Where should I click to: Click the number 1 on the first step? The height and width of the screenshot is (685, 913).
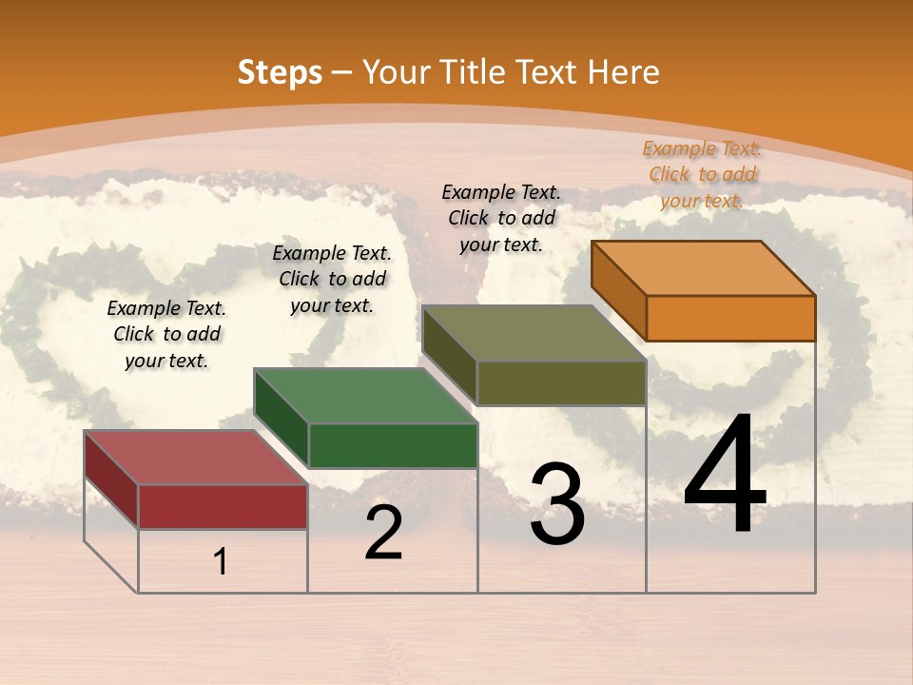(221, 562)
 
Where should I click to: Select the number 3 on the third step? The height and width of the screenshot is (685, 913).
(557, 504)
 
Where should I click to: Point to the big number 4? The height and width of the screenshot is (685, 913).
(725, 475)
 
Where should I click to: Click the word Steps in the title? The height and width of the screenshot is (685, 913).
(280, 72)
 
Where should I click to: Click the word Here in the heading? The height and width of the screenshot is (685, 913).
(624, 72)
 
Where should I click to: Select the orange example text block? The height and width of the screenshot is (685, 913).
(702, 174)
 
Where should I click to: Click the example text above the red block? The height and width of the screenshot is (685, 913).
(166, 334)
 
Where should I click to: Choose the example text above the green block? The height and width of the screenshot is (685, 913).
(332, 279)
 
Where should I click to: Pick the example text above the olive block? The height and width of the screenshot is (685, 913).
(501, 218)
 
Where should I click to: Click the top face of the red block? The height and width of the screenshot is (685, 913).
(195, 457)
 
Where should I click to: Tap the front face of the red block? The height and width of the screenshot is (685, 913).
(223, 506)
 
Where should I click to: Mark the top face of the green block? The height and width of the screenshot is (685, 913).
(365, 395)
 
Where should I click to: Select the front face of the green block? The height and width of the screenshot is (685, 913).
(393, 445)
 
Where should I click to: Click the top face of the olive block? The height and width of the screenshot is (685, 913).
(534, 333)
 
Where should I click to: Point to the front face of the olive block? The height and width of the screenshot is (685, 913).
(561, 382)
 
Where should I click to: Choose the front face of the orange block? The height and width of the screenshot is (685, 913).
(730, 318)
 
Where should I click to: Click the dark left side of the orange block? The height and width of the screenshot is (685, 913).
(618, 290)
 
